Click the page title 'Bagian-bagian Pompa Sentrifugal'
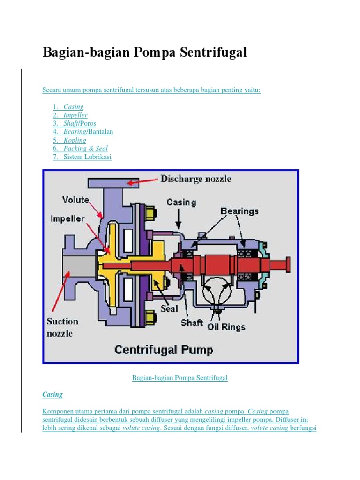click(144, 52)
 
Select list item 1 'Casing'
click(73, 107)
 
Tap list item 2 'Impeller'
click(75, 115)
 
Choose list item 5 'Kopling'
click(75, 140)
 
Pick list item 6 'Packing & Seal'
click(85, 149)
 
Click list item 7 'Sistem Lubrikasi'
click(87, 157)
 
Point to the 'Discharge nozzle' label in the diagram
click(195, 179)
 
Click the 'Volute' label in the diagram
click(75, 200)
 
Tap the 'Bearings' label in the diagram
click(240, 211)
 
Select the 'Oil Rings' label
click(226, 327)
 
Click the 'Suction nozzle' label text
click(62, 327)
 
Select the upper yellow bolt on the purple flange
click(150, 215)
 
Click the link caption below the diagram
click(180, 378)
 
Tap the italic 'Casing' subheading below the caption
click(52, 394)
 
